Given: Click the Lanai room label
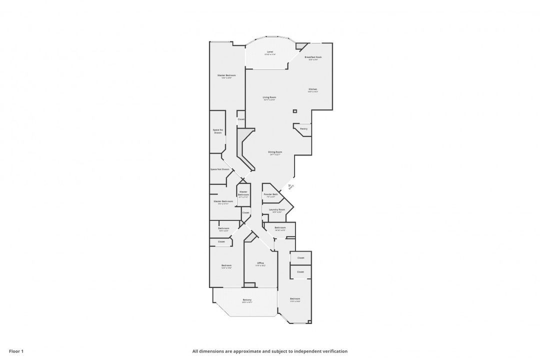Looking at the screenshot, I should tap(270, 52).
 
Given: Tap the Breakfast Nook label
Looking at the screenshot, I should tap(313, 57).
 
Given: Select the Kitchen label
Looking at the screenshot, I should tap(312, 89).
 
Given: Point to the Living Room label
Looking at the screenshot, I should tap(269, 97).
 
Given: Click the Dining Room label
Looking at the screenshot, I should tap(275, 152).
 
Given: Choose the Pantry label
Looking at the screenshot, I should tap(303, 128).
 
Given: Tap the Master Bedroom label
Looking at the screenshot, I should tap(226, 75).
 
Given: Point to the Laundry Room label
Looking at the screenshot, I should tap(276, 209).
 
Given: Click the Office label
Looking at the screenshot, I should tap(260, 263).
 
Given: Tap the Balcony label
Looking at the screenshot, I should tap(247, 300).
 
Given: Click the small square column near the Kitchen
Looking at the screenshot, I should tap(295, 111).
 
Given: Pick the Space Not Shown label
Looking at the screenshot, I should tap(220, 169).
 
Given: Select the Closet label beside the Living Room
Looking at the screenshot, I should tap(241, 119).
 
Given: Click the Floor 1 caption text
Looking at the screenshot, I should tap(16, 351).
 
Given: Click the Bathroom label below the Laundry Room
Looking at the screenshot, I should tap(280, 228).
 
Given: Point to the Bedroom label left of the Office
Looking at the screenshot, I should tap(226, 265).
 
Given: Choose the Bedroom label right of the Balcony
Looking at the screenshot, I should tap(295, 299).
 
